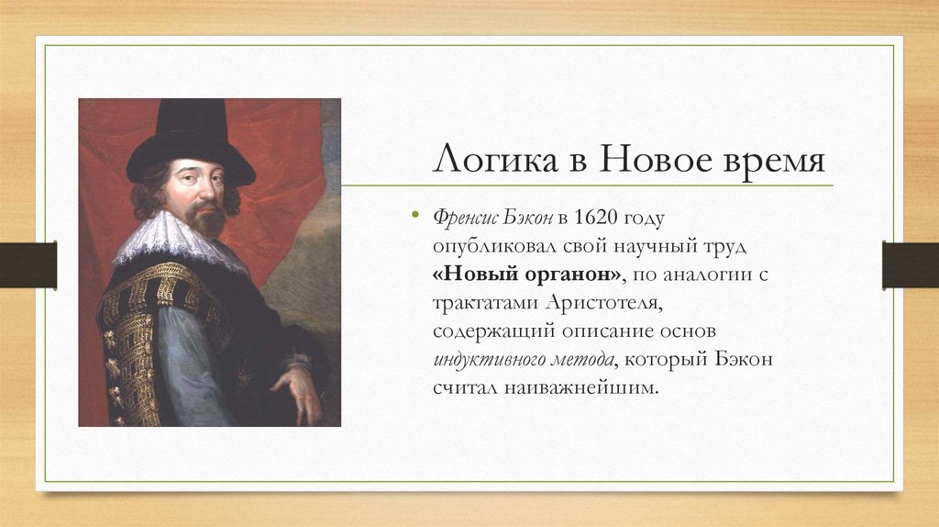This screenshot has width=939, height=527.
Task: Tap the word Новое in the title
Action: [647, 161]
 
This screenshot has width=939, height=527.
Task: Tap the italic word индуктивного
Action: [489, 359]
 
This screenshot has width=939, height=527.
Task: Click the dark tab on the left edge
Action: [28, 264]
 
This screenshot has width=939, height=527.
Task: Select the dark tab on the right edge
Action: [910, 264]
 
